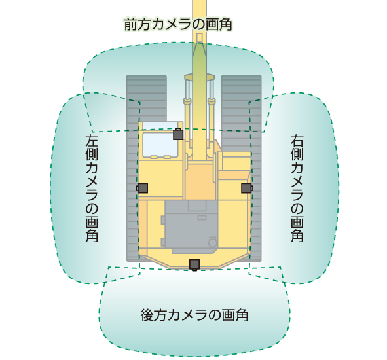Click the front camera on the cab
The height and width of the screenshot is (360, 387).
tap(178, 134)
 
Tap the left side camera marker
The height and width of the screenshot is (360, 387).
tap(142, 188)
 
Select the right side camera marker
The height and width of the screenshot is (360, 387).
tap(247, 188)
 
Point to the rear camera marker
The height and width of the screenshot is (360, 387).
tap(194, 264)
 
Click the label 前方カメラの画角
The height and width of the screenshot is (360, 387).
tap(178, 24)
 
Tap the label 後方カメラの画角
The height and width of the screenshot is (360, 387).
tap(194, 315)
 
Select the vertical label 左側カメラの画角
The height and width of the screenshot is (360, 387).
tap(92, 189)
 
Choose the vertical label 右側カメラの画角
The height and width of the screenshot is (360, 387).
tap(297, 189)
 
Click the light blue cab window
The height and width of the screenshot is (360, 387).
tap(160, 145)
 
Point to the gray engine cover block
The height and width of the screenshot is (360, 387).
tap(191, 226)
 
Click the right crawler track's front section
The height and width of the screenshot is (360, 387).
tap(242, 103)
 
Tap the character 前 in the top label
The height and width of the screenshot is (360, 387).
tap(131, 24)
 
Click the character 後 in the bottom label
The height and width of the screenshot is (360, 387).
tap(147, 315)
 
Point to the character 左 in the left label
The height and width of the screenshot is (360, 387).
tap(92, 141)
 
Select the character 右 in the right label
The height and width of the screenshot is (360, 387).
tap(297, 141)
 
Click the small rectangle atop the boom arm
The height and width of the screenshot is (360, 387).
tap(200, 37)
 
